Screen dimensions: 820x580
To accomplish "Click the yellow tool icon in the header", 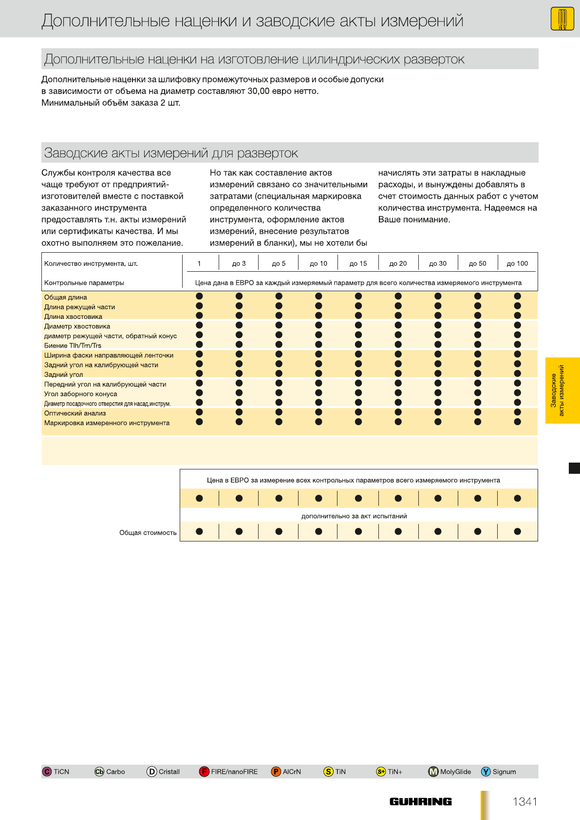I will pos(562,19).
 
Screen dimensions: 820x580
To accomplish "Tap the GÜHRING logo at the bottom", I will pos(420,801).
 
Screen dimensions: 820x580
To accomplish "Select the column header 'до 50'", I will pos(477,263).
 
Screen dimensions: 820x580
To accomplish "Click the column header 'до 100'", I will pos(517,263).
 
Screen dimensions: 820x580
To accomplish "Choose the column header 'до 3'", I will pos(239,263).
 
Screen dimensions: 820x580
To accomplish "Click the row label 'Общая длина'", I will pos(66,297).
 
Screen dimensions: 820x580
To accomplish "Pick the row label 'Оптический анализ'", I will pos(75,413).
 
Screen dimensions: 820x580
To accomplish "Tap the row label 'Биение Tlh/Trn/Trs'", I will pos(73,346).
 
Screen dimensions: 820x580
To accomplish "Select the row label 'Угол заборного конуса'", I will pos(81,394).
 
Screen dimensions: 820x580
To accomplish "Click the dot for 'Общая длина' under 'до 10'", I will pos(318,296).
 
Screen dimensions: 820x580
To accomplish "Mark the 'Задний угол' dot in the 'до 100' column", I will pos(517,373).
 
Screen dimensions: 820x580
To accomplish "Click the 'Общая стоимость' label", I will pos(148,533).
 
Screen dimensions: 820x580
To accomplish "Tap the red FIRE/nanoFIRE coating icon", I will pos(204,772).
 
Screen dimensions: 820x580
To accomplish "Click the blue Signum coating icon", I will pos(486,772).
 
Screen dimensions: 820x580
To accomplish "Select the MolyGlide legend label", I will pos(455,772).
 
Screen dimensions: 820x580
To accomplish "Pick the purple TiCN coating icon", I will pos(47,772).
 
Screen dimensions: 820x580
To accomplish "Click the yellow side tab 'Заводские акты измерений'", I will pos(562,391).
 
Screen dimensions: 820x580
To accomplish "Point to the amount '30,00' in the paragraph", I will pos(259,91).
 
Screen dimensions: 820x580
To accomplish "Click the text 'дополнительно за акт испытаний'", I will pos(354,516).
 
